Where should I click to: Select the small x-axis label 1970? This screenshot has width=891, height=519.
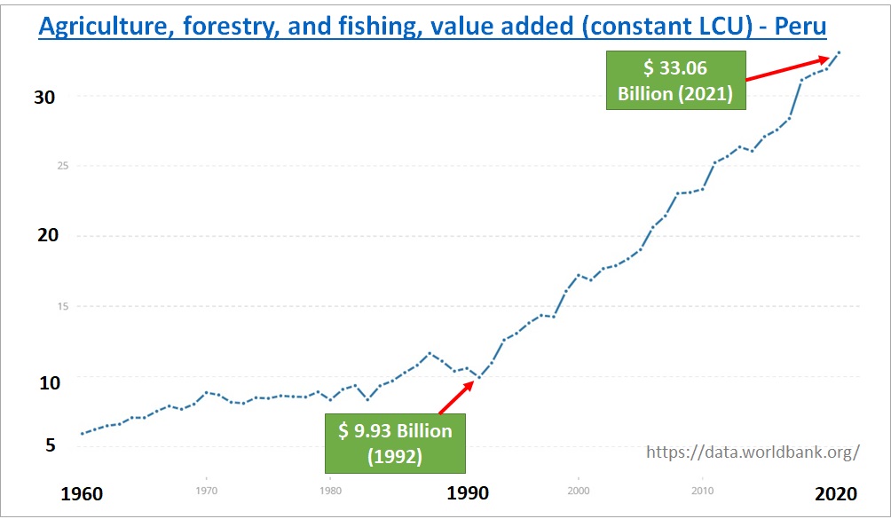coord(206,489)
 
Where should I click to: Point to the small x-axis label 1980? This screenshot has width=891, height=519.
coord(330,489)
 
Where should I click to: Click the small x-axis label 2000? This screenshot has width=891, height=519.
coord(579,489)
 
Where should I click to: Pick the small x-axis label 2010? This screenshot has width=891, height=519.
coord(703,489)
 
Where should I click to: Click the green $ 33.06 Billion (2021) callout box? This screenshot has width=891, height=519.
coord(675,79)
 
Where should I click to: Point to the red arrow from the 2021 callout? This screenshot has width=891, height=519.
coord(787,68)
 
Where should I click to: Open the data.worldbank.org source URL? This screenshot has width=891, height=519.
coord(753,452)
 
